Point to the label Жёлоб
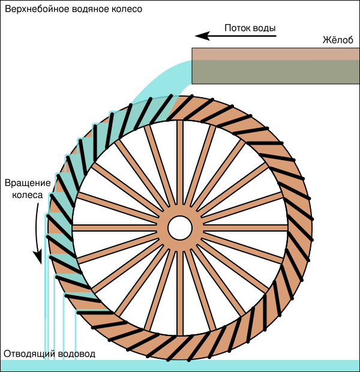click(337, 41)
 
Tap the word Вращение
click(24, 182)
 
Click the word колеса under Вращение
click(28, 195)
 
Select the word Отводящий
click(30, 354)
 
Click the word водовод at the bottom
click(79, 354)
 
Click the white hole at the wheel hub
click(179, 227)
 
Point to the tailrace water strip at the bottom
click(240, 365)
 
